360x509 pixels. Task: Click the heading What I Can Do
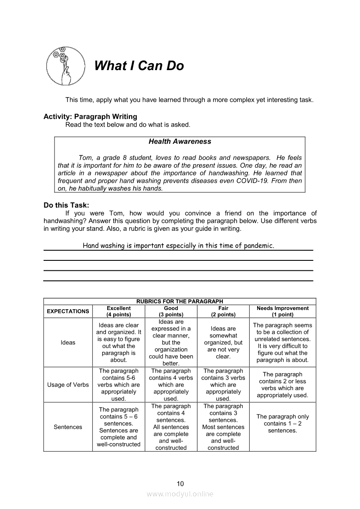[139, 66]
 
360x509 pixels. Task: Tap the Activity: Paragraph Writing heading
[90, 117]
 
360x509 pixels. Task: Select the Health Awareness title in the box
[180, 142]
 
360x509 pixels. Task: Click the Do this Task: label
[66, 206]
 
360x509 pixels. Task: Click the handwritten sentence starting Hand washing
[178, 246]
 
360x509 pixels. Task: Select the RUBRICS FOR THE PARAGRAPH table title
[180, 301]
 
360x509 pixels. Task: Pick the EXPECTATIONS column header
[68, 311]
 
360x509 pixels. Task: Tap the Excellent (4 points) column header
[119, 311]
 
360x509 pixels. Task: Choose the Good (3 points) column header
[171, 311]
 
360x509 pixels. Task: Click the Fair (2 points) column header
[223, 311]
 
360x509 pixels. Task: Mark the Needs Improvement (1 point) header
[282, 311]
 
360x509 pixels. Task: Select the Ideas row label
[68, 343]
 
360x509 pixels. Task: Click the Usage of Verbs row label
[68, 385]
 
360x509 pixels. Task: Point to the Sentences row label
[68, 427]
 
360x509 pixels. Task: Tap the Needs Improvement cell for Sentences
[282, 424]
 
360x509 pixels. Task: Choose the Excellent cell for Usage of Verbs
[119, 385]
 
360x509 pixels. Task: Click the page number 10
[180, 483]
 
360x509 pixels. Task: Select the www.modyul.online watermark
[180, 494]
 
